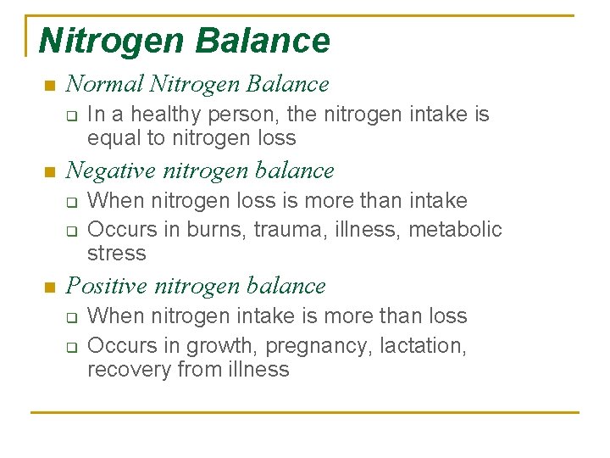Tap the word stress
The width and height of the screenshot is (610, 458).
click(x=117, y=253)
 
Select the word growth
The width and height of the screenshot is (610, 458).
click(x=215, y=346)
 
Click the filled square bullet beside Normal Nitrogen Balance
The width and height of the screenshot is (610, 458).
click(x=48, y=86)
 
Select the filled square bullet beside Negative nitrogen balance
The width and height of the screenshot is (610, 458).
click(x=48, y=172)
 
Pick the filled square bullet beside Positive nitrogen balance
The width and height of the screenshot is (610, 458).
click(x=48, y=288)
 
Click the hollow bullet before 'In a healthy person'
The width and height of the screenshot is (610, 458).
click(x=72, y=115)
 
